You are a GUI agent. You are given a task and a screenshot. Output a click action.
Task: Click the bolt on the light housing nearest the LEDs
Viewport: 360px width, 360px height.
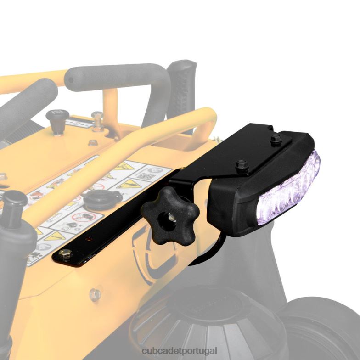[x=276, y=139]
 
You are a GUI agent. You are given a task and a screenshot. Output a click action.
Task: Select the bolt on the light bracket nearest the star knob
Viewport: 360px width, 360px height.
[x=242, y=164]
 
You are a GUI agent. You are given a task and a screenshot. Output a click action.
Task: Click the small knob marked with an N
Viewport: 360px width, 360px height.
[x=58, y=120]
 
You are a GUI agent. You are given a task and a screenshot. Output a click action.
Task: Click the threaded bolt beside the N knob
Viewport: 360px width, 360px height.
[x=97, y=120]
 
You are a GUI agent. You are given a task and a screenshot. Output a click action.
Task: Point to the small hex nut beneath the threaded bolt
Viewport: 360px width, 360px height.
[x=93, y=142]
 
